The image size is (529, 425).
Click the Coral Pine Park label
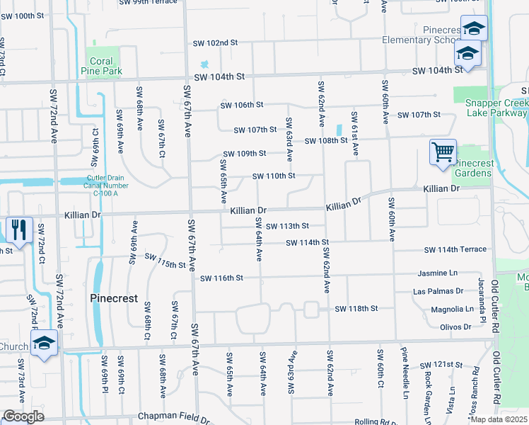click(x=106, y=66)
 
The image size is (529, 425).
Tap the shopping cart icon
click(x=443, y=152)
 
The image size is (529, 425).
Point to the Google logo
click(x=23, y=416)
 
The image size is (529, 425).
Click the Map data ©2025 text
click(x=499, y=419)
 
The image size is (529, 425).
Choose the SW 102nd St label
click(x=215, y=43)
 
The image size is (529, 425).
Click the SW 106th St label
click(x=242, y=105)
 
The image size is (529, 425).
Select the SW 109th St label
click(x=245, y=154)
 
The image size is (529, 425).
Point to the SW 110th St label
click(x=274, y=176)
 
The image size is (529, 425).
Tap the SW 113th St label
click(x=288, y=226)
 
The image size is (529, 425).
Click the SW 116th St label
click(x=221, y=278)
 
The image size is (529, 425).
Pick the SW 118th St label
click(x=356, y=309)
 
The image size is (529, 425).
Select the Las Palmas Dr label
click(x=438, y=291)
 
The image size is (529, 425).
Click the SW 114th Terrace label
click(x=455, y=249)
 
